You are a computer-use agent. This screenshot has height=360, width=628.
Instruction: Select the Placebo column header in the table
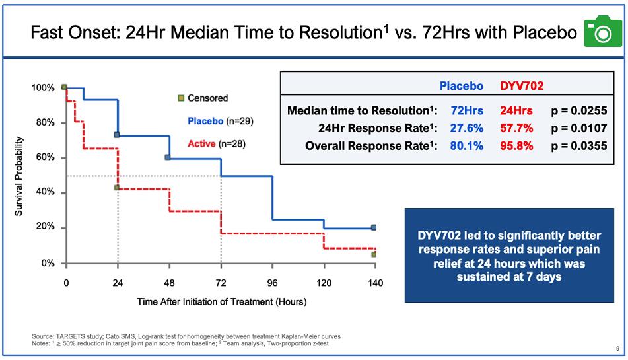point(461,86)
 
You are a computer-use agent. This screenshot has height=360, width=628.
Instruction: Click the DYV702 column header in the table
point(521,86)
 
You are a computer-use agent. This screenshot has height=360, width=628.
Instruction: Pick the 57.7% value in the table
point(516,128)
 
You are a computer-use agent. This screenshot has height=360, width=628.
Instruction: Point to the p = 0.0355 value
point(578,146)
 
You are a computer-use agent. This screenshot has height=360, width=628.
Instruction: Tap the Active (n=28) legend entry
point(216,143)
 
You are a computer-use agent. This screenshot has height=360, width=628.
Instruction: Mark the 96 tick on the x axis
point(272,282)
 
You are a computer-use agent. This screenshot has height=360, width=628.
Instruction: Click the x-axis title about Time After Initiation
point(221,302)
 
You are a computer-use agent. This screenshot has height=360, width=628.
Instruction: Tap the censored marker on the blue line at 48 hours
point(168,157)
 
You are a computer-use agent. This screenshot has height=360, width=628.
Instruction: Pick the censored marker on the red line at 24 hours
point(117,188)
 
